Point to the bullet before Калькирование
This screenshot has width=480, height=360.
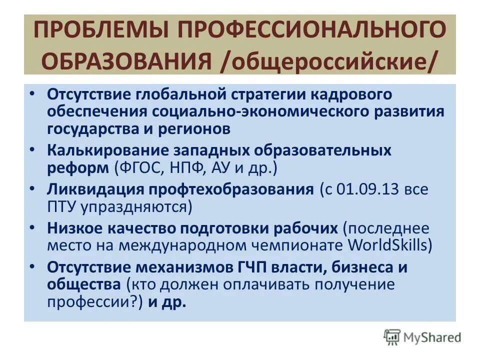click(x=32, y=149)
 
